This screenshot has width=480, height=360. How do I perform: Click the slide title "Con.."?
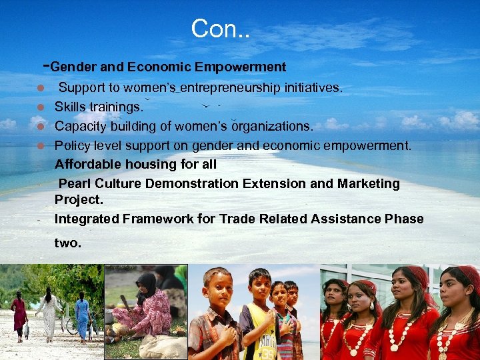pyautogui.click(x=221, y=28)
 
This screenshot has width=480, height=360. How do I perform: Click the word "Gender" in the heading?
pyautogui.click(x=72, y=67)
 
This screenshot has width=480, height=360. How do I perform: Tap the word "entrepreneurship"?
pyautogui.click(x=223, y=87)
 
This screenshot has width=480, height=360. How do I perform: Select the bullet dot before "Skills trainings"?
pyautogui.click(x=41, y=107)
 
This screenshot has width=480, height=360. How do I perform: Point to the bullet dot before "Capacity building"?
pyautogui.click(x=41, y=126)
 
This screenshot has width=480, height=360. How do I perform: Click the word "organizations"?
pyautogui.click(x=271, y=126)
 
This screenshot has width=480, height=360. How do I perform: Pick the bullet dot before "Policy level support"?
pyautogui.click(x=41, y=145)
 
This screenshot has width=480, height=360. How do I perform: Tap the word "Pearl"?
pyautogui.click(x=75, y=183)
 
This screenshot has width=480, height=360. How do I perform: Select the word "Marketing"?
pyautogui.click(x=369, y=183)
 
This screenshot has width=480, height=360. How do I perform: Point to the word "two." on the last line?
pyautogui.click(x=67, y=243)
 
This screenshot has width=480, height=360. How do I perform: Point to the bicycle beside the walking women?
pyautogui.click(x=73, y=325)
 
